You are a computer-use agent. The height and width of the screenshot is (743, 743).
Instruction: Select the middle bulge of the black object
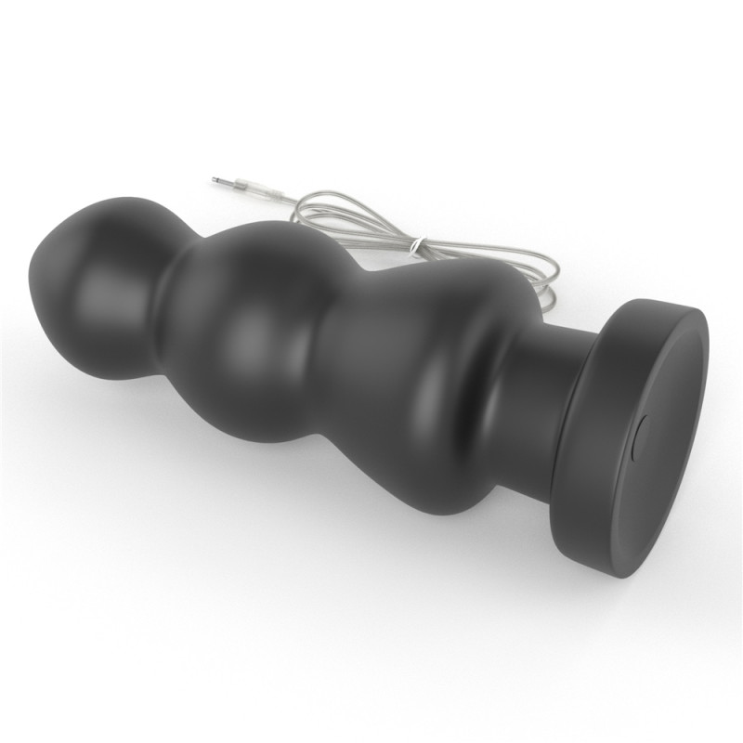[x=251, y=316]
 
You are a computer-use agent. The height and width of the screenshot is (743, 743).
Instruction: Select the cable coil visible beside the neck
[x=548, y=288]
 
